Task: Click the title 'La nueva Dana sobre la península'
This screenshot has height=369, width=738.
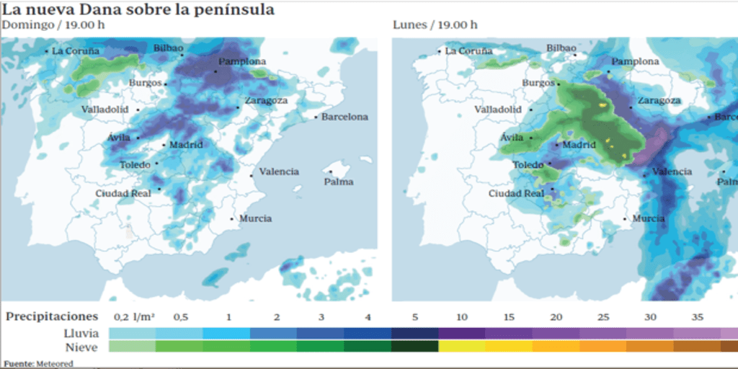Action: [x=138, y=9]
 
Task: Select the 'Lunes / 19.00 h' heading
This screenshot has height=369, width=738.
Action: [x=435, y=25]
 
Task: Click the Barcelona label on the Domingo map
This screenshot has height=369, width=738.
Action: [x=344, y=117]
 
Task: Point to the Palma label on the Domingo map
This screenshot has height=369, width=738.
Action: [x=339, y=182]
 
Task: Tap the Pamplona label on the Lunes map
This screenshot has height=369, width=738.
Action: [x=634, y=62]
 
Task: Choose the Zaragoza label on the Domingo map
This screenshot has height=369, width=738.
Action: [x=265, y=100]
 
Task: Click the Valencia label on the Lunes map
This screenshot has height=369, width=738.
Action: [x=672, y=172]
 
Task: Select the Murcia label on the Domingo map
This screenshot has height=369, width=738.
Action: [x=255, y=218]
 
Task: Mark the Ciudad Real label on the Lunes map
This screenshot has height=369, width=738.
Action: [x=515, y=193]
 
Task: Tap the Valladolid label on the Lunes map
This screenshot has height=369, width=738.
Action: [x=497, y=110]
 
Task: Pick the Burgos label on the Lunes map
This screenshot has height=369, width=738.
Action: [x=538, y=83]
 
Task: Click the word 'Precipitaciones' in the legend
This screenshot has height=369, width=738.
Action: [x=51, y=316]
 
